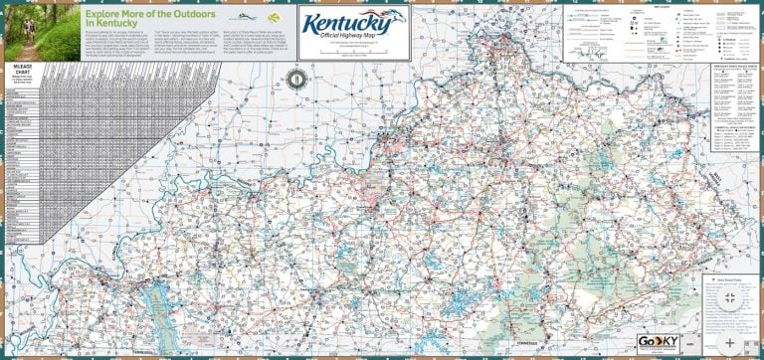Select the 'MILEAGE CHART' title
(23, 67)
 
